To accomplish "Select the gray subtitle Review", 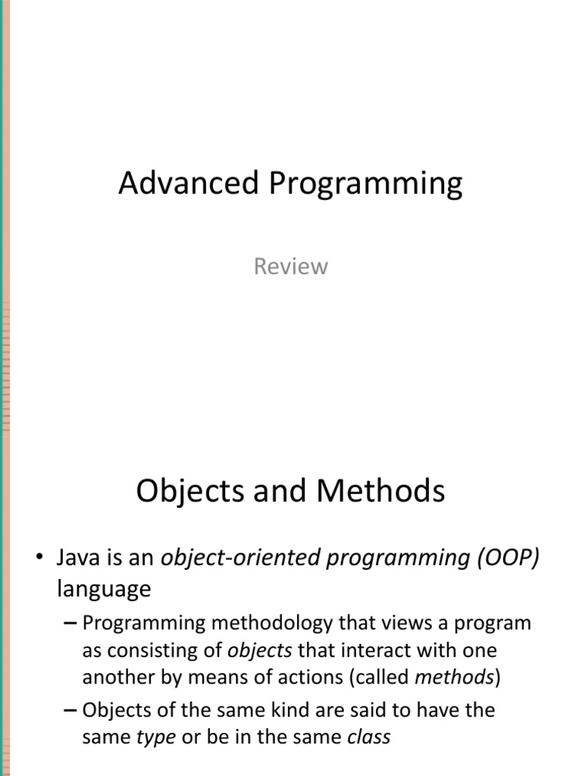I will [291, 267].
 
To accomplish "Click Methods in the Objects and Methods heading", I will [381, 492].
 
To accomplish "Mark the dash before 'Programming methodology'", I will [70, 624].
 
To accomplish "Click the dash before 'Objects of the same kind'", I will [70, 710].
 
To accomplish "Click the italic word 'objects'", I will [260, 651].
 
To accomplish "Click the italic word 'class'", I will [369, 737].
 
